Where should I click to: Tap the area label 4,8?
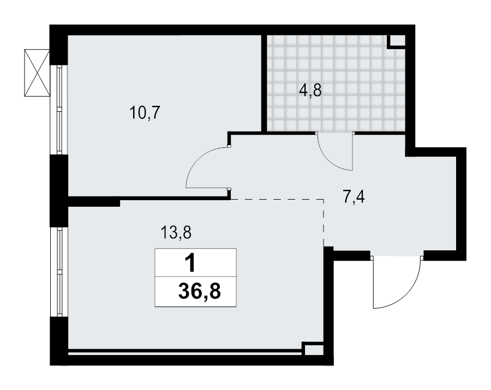pyautogui.click(x=310, y=90)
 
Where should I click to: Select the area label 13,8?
pyautogui.click(x=175, y=233)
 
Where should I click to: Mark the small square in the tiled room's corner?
pyautogui.click(x=397, y=41)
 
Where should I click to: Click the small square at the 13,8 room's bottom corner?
pyautogui.click(x=312, y=350)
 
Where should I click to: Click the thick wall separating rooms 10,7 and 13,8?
pyautogui.click(x=147, y=198)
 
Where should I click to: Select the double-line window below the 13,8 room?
pyautogui.click(x=185, y=353)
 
